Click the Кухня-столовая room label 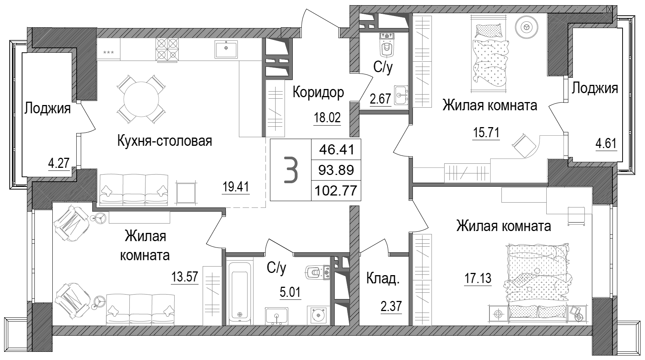[165, 141]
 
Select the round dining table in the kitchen [141, 99]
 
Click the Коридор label [318, 92]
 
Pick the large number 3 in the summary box [291, 170]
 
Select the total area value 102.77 [336, 191]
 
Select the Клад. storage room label [383, 279]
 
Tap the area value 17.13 [477, 279]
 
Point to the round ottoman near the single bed [526, 27]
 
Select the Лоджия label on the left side [47, 109]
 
